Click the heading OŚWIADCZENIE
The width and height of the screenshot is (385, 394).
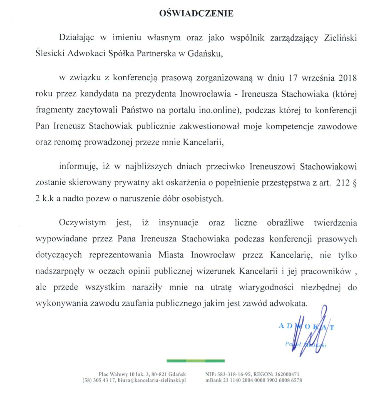click(x=196, y=13)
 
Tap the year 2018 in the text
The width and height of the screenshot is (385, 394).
click(x=347, y=78)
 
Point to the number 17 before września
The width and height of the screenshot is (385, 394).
click(x=293, y=78)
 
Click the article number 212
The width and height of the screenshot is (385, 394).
click(x=343, y=183)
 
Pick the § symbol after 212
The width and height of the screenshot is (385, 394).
click(x=354, y=183)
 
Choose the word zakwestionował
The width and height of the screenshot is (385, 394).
click(x=209, y=126)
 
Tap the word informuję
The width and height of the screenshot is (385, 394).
click(x=78, y=167)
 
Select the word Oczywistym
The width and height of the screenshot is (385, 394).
click(x=82, y=223)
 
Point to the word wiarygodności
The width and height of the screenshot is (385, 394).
click(x=266, y=287)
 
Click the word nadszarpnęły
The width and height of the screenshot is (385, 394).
click(x=60, y=271)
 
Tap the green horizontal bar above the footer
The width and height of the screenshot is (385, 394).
click(x=195, y=361)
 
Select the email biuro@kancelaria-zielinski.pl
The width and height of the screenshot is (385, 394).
click(x=151, y=380)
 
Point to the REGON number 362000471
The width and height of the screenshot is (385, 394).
click(x=287, y=374)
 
